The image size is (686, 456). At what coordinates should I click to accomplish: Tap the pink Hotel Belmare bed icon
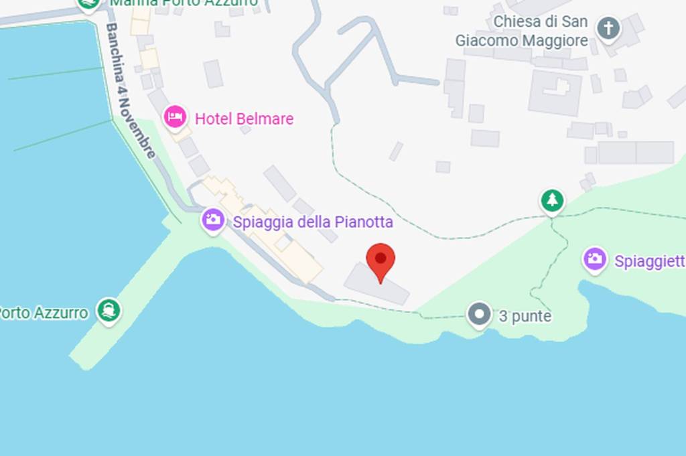click(176, 117)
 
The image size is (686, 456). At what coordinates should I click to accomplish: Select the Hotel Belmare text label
click(244, 119)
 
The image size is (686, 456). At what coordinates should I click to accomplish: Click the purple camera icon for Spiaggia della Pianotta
click(213, 220)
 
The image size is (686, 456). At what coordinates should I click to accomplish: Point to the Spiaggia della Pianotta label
click(312, 222)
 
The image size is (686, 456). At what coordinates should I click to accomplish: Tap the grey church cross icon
click(609, 29)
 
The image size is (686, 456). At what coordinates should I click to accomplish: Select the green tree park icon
click(552, 200)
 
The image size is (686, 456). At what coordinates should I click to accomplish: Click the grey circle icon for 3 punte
click(479, 315)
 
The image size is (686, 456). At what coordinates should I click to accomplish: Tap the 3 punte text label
click(525, 316)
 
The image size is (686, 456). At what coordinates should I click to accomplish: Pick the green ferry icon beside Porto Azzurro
click(109, 310)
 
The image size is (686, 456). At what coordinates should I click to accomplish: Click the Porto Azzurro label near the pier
click(44, 313)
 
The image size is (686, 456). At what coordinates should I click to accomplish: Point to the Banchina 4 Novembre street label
click(131, 90)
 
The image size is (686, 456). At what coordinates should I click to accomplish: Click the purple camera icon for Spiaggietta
click(594, 260)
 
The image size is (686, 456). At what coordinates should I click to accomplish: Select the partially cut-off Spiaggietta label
click(649, 261)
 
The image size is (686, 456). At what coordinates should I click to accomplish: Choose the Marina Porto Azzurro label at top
click(184, 3)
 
